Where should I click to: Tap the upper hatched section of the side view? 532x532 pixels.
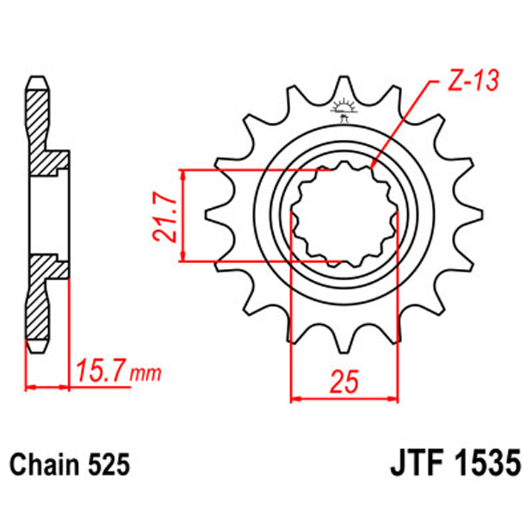[x=43, y=131]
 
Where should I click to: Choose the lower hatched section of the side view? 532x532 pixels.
[x=43, y=298]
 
